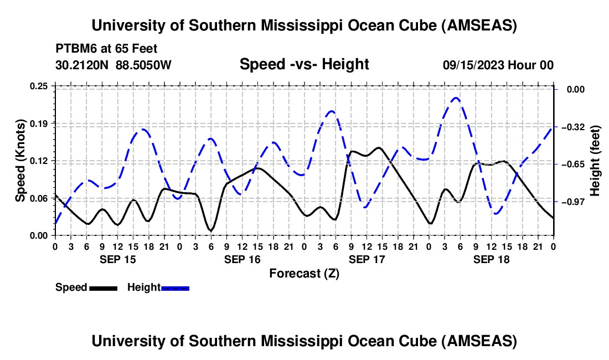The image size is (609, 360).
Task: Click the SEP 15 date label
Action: click(117, 259)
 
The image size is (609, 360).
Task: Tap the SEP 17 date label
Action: click(367, 259)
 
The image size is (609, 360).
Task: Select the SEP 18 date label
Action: click(491, 259)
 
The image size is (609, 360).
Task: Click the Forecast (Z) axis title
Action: click(304, 273)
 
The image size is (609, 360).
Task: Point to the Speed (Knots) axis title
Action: click(20, 161)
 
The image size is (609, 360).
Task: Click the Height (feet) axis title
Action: click(595, 161)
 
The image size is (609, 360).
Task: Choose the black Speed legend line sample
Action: click(103, 288)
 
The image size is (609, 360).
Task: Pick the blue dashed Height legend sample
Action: click(176, 288)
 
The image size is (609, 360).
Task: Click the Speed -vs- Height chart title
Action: click(304, 64)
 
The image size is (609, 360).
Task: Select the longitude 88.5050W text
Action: click(143, 65)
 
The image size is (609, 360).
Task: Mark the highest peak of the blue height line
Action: click(456, 98)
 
